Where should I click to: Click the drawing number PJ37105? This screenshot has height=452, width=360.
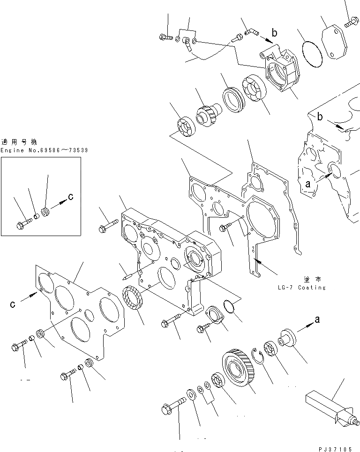click(x=336, y=448)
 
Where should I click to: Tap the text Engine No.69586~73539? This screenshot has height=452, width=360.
click(x=44, y=150)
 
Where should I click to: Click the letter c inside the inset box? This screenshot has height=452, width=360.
click(x=70, y=197)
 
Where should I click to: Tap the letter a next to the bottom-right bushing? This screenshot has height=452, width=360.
click(x=317, y=319)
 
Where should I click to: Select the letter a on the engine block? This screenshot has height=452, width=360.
click(x=308, y=185)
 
